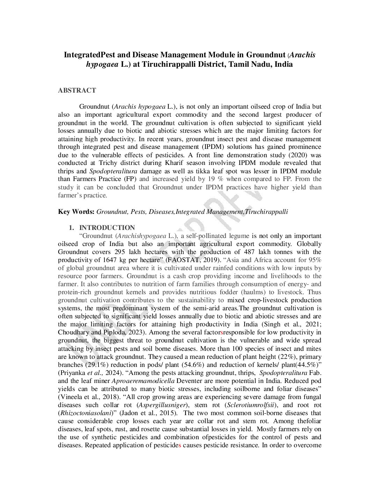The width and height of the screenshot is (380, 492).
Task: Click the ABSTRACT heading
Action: point(77,91)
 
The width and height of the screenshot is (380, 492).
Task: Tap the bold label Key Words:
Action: point(76,212)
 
